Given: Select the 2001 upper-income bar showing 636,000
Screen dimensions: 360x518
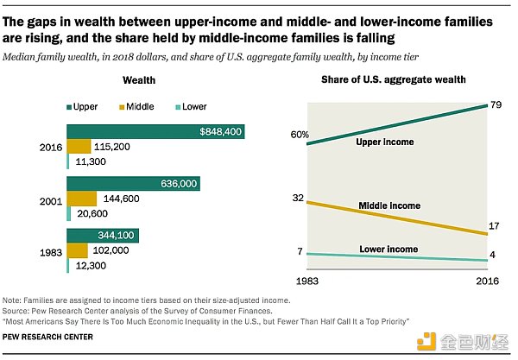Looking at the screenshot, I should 133,184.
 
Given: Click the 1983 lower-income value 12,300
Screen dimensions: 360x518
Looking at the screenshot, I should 89,267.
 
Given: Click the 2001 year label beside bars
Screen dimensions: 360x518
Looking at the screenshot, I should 48,199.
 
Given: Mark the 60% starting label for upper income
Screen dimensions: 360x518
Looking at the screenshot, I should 299,136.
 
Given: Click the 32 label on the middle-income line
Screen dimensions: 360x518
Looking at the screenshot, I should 299,199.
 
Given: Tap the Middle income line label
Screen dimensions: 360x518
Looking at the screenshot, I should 388,205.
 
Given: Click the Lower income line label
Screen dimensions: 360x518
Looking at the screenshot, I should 388,249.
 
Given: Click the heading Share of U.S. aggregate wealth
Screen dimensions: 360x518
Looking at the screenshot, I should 382,79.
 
